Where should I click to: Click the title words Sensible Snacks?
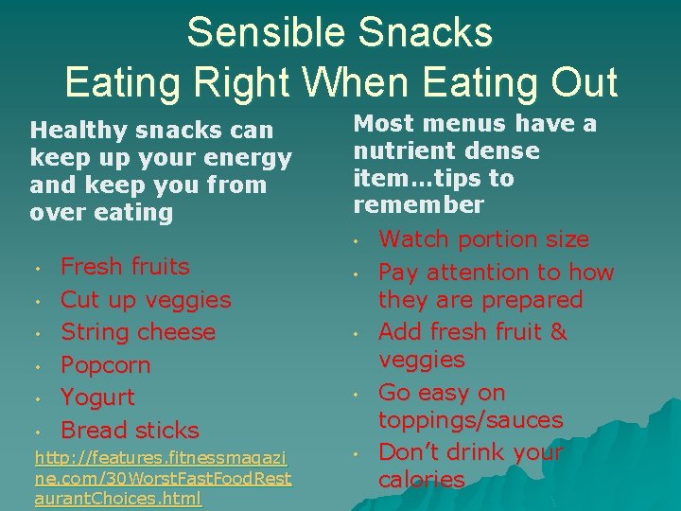tap(340, 32)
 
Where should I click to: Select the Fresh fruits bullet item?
tap(125, 267)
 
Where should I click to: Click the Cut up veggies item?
tap(146, 300)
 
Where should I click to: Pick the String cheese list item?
tap(138, 332)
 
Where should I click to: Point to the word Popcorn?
tap(106, 365)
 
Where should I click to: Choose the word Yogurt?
tap(97, 397)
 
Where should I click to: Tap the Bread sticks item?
tap(130, 430)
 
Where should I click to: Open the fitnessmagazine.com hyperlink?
tap(163, 478)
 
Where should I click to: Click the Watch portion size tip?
tap(483, 239)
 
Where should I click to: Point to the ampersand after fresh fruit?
tap(558, 332)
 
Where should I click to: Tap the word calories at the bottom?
tap(421, 480)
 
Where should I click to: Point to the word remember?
tap(418, 205)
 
